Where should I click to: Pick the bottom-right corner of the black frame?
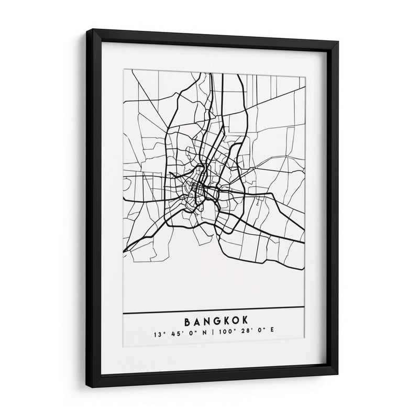point(336,373)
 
